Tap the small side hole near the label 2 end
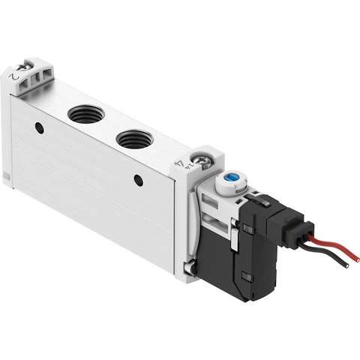39,128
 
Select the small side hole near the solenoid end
138,180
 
